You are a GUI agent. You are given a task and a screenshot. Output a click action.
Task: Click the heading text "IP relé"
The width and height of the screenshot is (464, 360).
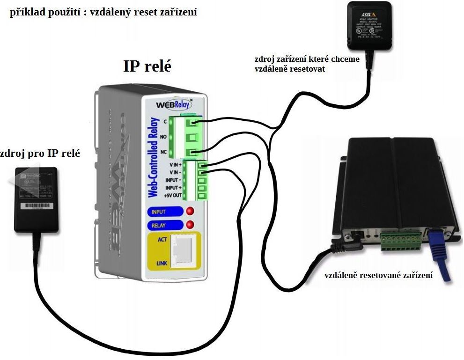pyautogui.click(x=147, y=66)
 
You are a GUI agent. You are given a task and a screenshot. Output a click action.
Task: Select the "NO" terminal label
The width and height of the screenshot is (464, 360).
pyautogui.click(x=164, y=137)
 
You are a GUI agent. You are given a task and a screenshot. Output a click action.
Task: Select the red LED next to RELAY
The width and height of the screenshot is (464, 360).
pyautogui.click(x=190, y=225)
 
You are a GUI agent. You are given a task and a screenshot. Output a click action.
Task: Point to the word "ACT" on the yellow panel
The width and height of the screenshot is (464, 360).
pyautogui.click(x=162, y=239)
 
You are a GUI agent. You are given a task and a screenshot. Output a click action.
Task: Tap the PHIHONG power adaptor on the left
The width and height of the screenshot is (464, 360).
pyautogui.click(x=35, y=198)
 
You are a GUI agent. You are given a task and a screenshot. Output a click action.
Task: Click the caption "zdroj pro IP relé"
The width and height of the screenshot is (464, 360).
pyautogui.click(x=40, y=153)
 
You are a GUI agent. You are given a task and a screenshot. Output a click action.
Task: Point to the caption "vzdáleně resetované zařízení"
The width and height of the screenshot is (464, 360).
pyautogui.click(x=378, y=275)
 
